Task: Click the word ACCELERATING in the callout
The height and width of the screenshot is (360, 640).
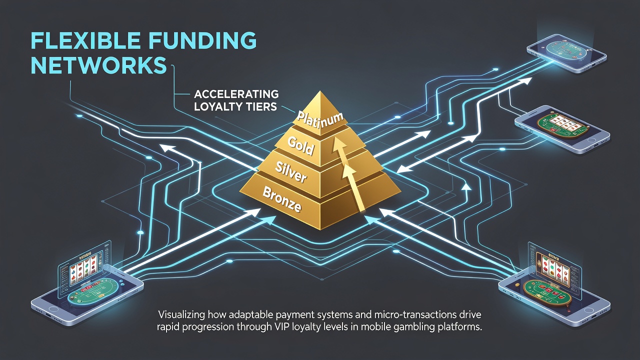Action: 236,94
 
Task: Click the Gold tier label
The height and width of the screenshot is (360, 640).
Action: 300,145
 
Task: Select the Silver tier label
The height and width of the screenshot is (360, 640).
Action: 290,172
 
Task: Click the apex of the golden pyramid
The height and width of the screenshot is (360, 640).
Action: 321,91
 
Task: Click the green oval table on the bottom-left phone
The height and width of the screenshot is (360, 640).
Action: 93,297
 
